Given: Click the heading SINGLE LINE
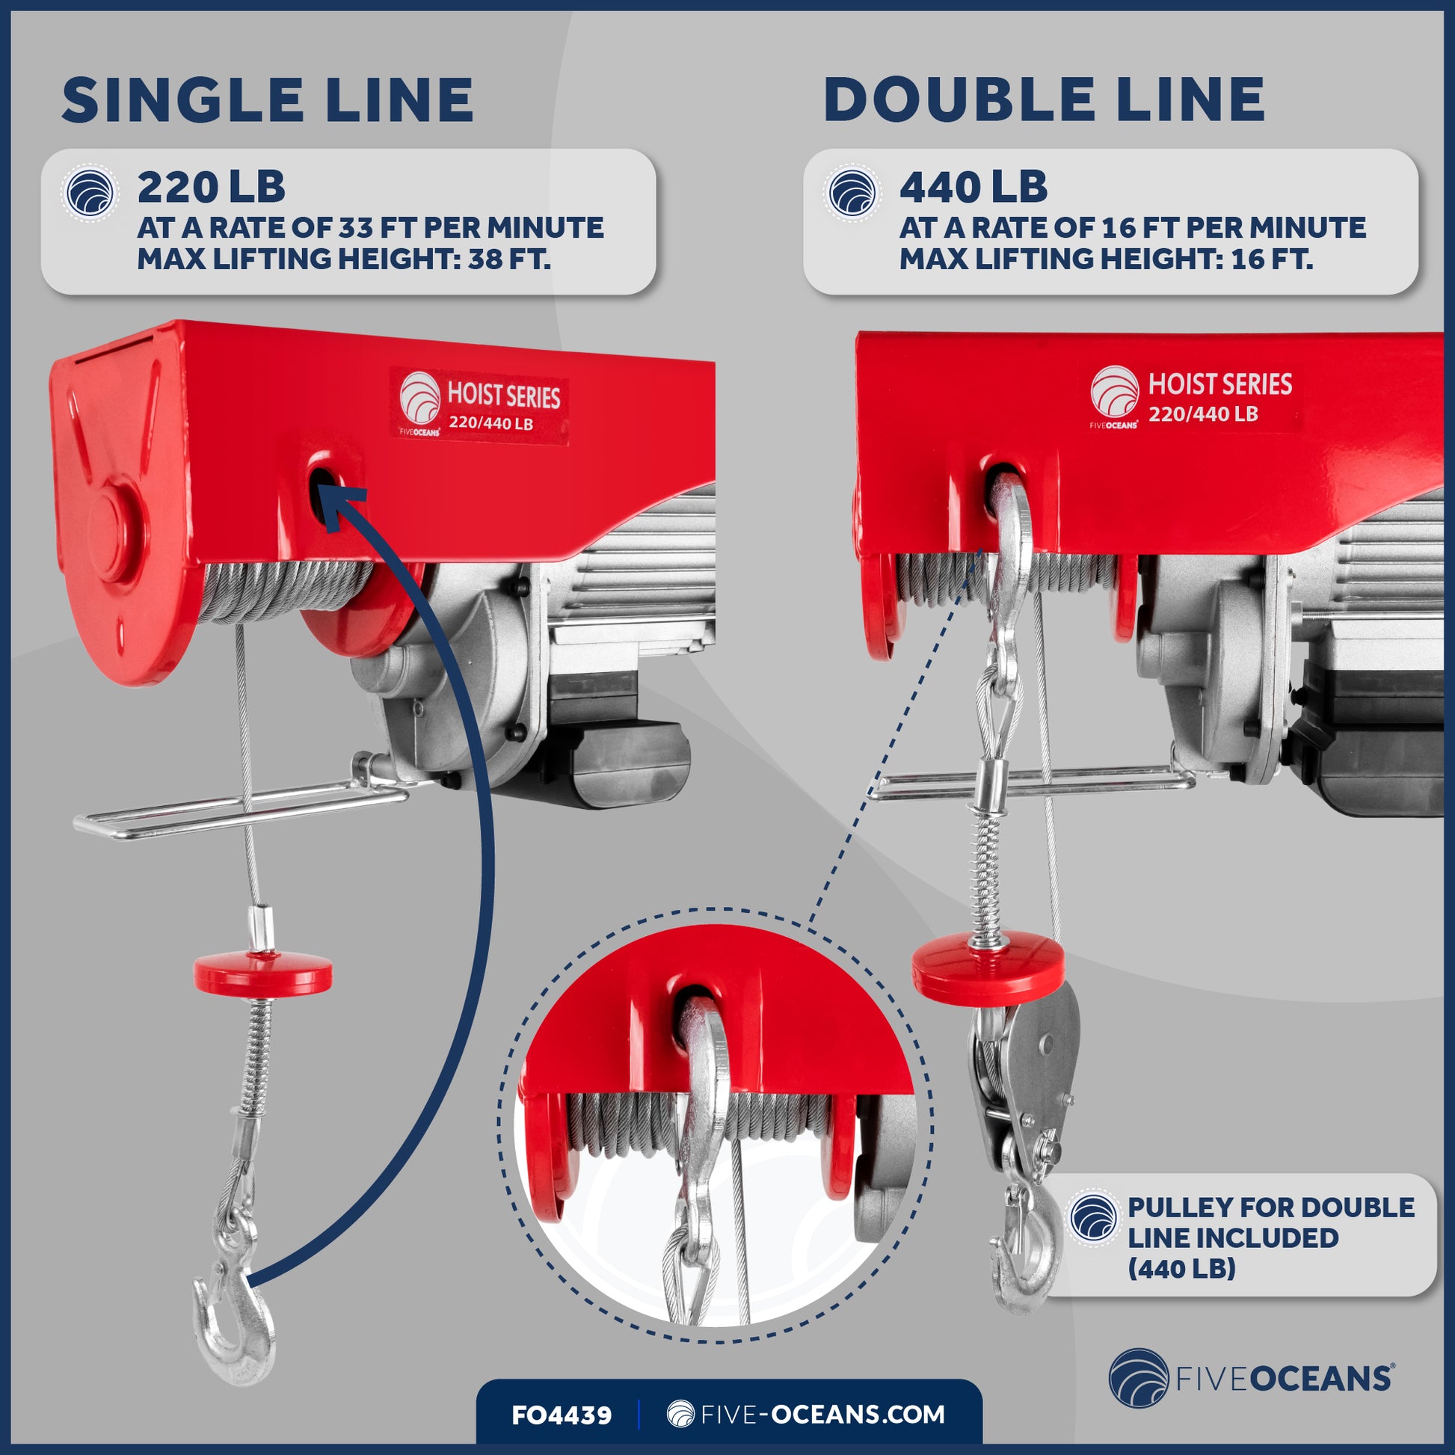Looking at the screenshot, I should coord(268,100).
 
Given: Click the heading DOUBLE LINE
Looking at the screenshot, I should coord(1044,100).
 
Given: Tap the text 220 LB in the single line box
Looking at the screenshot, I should coord(211,188).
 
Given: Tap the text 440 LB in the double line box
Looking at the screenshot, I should coord(973,188).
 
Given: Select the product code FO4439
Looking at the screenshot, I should coord(561,1415).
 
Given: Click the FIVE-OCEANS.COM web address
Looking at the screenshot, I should coord(806,1415).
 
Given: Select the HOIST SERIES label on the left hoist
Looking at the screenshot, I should coord(479,407).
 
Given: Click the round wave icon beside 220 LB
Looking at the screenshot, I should coord(90,194).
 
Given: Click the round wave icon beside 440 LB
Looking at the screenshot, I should coord(852,194).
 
